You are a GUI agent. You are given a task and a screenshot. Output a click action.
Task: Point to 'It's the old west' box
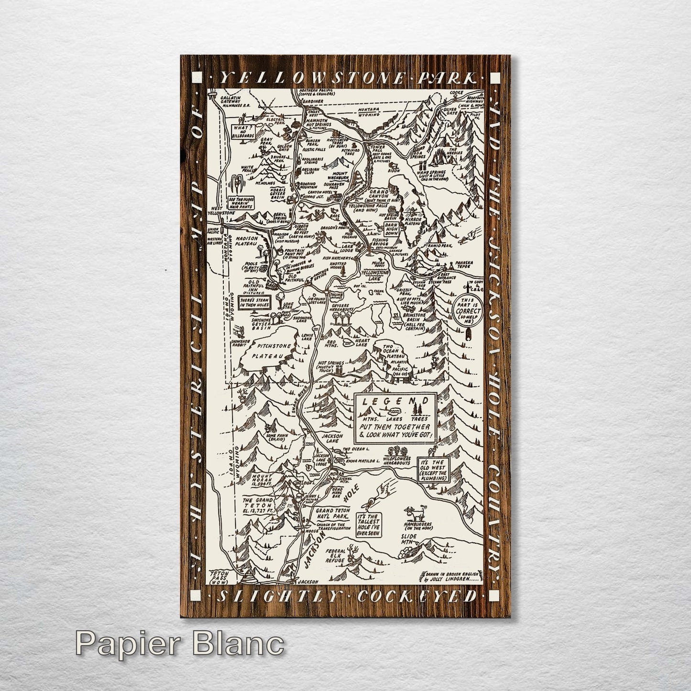point(434,470)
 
